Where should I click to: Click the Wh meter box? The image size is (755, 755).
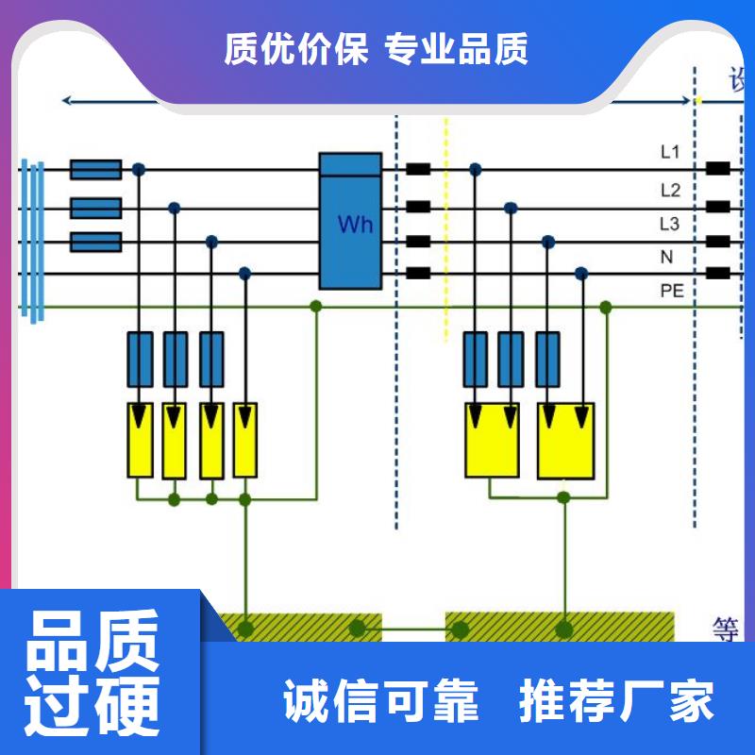[x=350, y=222]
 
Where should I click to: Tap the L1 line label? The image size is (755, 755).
[x=670, y=151]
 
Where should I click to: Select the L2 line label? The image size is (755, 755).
[x=670, y=190]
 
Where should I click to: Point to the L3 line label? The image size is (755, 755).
[x=670, y=224]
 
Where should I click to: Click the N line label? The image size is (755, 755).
[x=666, y=257]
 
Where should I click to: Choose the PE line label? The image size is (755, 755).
[x=671, y=291]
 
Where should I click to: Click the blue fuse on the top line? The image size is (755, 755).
[x=96, y=170]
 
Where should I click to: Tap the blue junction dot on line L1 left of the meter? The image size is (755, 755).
[x=139, y=170]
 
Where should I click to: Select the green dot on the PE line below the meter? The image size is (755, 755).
[x=316, y=307]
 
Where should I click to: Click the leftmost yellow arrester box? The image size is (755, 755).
[x=141, y=439]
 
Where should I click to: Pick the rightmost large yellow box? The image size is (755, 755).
[x=566, y=439]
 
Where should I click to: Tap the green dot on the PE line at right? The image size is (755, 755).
[x=606, y=308]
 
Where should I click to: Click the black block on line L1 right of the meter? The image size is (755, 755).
[x=418, y=171]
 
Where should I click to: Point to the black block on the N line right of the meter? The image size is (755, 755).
[x=418, y=274]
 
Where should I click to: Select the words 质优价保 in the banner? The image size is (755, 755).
[x=295, y=49]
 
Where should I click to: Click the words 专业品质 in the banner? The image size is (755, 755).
[x=457, y=49]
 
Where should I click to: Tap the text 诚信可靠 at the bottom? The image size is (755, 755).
[x=381, y=700]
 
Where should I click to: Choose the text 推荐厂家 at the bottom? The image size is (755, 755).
[x=617, y=700]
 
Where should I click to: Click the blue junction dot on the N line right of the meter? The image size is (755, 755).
[x=582, y=274]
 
